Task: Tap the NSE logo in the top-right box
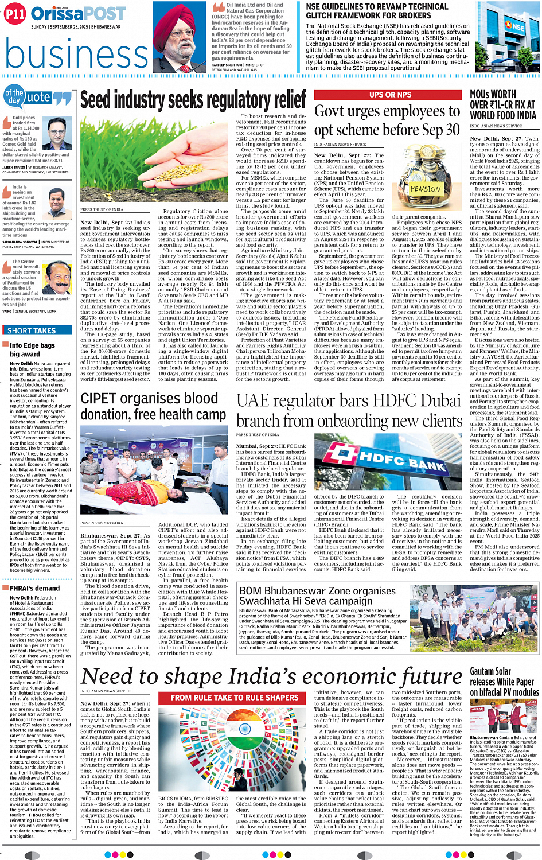pyautogui.click(x=516, y=27)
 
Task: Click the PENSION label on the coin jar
pyautogui.click(x=426, y=189)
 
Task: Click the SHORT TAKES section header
pyautogui.click(x=32, y=330)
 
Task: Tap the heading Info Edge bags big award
pyautogui.click(x=32, y=349)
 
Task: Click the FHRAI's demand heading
pyautogui.click(x=34, y=588)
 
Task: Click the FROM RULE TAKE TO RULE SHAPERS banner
pyautogui.click(x=235, y=698)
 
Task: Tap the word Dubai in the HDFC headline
pyautogui.click(x=436, y=400)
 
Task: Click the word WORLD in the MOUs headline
pyautogui.click(x=482, y=115)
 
